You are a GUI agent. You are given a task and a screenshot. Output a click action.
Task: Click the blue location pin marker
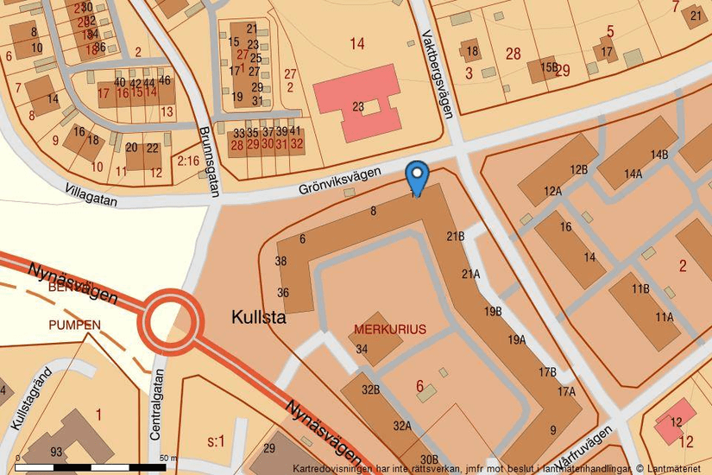(x=417, y=177)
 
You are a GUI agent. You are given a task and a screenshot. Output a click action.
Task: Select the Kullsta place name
(x=258, y=318)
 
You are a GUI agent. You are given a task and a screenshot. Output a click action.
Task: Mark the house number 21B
(x=456, y=236)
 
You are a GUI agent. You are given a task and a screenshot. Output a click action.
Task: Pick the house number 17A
(x=565, y=391)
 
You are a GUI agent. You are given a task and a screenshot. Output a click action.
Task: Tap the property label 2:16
(x=188, y=161)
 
